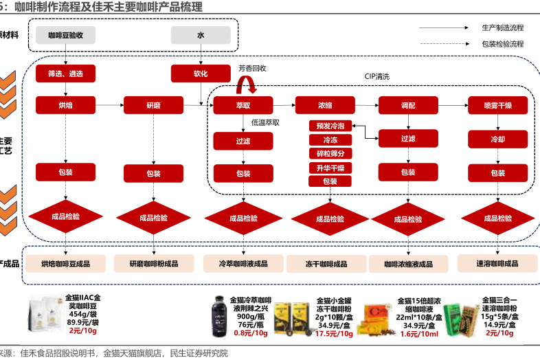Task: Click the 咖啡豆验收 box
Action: tap(66, 34)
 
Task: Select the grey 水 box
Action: tap(200, 34)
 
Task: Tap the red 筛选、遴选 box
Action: tap(66, 73)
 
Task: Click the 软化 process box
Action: tap(200, 73)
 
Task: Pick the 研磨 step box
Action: tap(153, 105)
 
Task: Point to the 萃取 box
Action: tap(243, 105)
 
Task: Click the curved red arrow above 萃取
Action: tap(245, 85)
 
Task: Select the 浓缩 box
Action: tap(325, 105)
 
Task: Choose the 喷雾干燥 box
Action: tap(497, 105)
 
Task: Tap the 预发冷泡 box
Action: tap(330, 126)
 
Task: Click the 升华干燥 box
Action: tap(330, 168)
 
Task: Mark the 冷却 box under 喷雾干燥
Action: tap(497, 139)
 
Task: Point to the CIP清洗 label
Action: tap(377, 76)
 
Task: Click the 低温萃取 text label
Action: tap(265, 123)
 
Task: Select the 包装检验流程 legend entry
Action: tap(502, 43)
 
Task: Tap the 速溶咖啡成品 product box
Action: tap(497, 263)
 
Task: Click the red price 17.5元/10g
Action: tap(334, 334)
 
